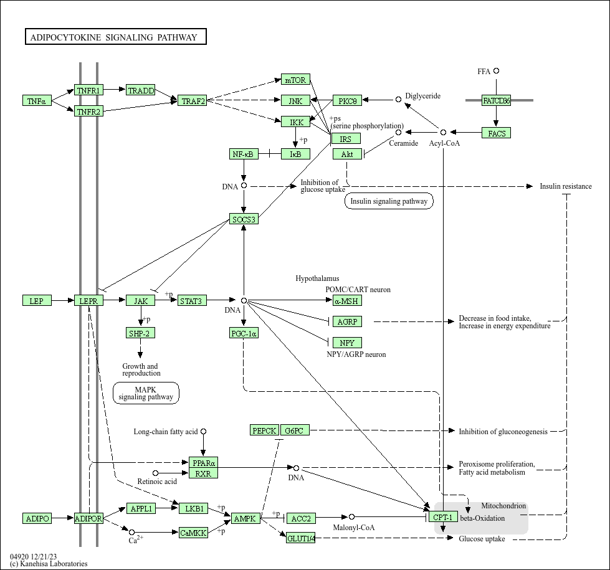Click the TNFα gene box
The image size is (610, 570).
click(x=37, y=101)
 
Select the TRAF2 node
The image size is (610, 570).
click(x=193, y=101)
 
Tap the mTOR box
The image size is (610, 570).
click(x=295, y=80)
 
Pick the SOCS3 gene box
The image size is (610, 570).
click(x=244, y=219)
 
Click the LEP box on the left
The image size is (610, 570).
click(x=37, y=301)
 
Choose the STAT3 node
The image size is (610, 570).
click(x=192, y=301)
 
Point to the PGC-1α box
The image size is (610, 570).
click(x=244, y=333)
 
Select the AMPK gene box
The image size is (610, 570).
click(x=245, y=518)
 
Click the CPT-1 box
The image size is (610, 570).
click(x=443, y=518)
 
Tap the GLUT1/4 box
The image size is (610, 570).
click(x=301, y=538)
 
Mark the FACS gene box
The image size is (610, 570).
click(x=497, y=133)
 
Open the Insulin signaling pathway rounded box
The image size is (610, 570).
click(x=389, y=201)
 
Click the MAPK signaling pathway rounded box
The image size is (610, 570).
click(x=146, y=393)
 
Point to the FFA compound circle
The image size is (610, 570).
click(x=497, y=71)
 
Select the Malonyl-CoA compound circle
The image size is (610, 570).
click(x=352, y=517)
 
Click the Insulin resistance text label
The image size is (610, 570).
click(x=566, y=186)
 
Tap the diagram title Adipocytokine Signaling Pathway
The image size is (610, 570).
click(x=116, y=37)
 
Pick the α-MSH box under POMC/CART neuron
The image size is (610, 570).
click(x=347, y=301)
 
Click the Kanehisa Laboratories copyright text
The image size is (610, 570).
click(x=49, y=564)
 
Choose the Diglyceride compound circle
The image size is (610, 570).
click(x=399, y=99)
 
